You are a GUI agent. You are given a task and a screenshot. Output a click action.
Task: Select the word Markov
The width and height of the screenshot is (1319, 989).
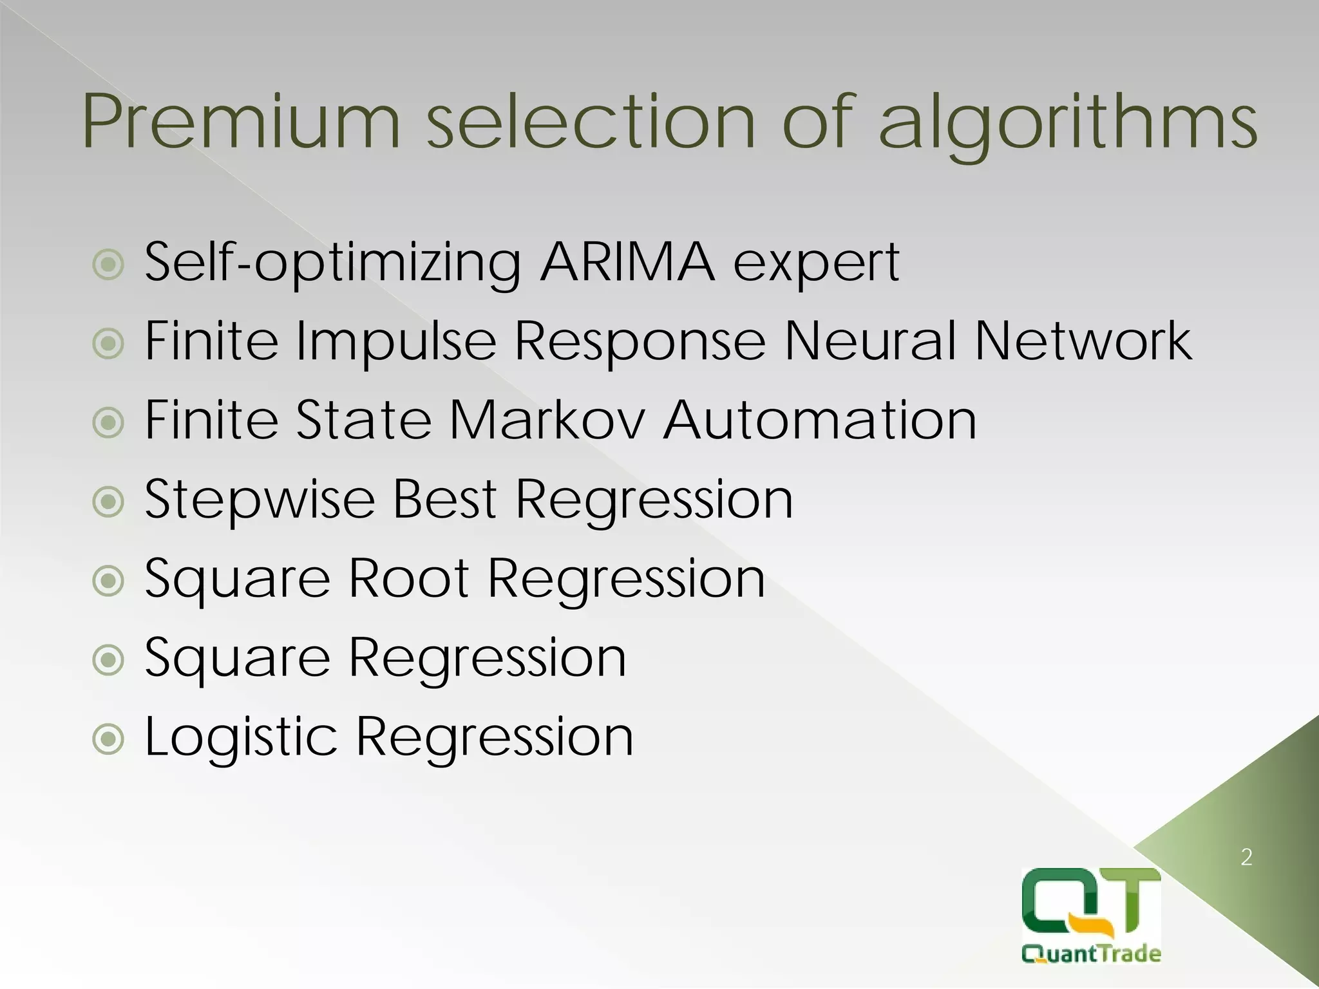[x=547, y=420]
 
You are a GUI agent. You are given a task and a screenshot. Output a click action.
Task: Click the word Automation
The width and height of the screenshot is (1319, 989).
[x=820, y=420]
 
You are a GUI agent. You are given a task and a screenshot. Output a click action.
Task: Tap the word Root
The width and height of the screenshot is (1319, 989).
[x=408, y=578]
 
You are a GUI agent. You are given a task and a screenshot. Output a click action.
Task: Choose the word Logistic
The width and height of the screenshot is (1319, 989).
[x=241, y=738]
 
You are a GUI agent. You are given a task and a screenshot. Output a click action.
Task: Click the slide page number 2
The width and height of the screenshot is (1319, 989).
[x=1246, y=857]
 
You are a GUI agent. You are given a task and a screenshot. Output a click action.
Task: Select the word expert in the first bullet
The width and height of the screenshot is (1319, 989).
[x=816, y=264]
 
